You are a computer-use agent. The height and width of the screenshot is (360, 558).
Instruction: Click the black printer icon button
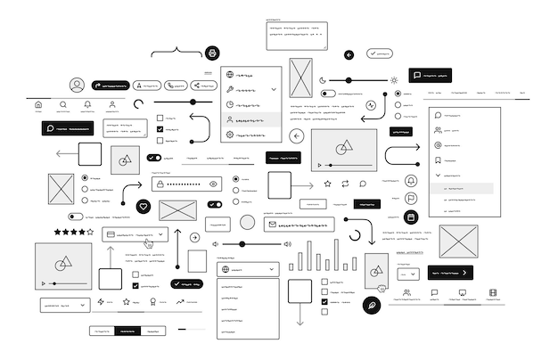212,53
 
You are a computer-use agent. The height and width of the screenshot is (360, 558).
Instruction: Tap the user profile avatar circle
78,86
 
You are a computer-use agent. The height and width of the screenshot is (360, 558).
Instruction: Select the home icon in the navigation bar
38,105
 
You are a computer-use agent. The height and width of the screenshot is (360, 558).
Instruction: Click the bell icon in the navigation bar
87,105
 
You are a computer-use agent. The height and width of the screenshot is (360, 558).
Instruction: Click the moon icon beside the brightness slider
324,80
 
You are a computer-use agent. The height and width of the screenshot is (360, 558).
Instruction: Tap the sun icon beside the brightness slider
394,80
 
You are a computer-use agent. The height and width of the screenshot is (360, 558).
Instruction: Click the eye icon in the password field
214,184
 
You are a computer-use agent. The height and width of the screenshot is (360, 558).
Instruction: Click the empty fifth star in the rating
90,232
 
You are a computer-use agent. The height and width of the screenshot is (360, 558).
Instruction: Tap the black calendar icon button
411,217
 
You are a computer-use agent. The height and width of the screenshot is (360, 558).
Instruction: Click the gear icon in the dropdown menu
230,135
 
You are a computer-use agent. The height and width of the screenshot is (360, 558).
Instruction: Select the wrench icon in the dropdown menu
230,89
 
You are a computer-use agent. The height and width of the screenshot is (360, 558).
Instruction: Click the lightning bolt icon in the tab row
101,302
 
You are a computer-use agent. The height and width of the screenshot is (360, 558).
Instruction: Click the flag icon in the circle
411,199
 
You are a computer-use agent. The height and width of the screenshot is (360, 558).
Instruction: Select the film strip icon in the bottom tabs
492,292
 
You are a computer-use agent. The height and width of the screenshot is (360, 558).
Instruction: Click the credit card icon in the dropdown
111,235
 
